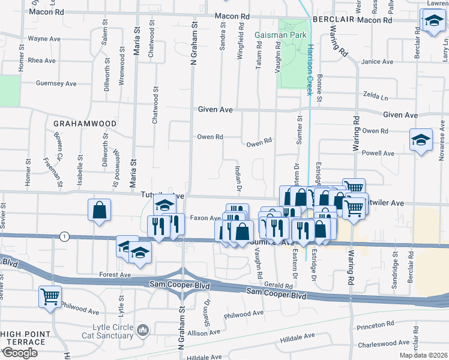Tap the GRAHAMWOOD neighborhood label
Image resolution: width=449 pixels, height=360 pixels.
click(x=85, y=123)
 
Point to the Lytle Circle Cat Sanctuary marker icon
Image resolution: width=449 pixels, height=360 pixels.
click(x=143, y=330)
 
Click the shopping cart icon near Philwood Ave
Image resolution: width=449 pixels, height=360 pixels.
click(x=50, y=296)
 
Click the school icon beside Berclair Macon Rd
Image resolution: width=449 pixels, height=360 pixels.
click(x=432, y=22)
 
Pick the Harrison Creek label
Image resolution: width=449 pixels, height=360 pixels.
click(x=310, y=70)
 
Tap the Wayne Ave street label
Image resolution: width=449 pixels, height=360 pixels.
click(x=44, y=38)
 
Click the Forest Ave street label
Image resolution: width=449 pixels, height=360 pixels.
click(x=116, y=275)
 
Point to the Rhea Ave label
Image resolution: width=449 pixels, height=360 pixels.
click(x=42, y=61)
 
